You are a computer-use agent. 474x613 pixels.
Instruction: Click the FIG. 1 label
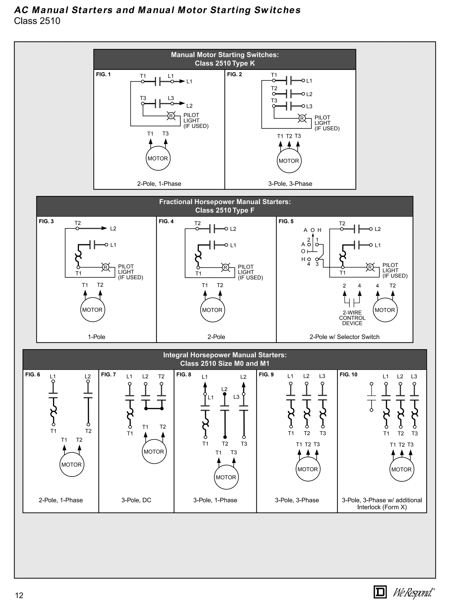[103, 74]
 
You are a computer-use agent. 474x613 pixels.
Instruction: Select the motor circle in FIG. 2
[289, 161]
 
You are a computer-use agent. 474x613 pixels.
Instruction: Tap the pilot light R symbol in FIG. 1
[171, 116]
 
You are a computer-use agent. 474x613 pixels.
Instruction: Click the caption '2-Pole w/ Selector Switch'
[344, 337]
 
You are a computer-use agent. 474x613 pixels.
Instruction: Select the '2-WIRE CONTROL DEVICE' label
[352, 318]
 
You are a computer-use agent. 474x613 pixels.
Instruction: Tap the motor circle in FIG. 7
[154, 452]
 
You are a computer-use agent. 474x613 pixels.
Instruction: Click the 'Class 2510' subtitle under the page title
[37, 21]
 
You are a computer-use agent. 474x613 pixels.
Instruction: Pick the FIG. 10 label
[348, 375]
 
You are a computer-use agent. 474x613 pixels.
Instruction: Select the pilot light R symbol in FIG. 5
[370, 267]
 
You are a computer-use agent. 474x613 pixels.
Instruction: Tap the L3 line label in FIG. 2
[309, 106]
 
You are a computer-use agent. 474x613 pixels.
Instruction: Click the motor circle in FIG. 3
[92, 310]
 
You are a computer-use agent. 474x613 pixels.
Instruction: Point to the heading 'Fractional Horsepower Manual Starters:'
[225, 202]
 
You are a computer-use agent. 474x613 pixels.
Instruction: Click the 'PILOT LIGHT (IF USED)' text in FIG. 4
[250, 272]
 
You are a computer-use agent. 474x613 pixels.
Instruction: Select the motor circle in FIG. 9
[308, 469]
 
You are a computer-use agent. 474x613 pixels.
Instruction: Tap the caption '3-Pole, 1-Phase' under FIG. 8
[215, 500]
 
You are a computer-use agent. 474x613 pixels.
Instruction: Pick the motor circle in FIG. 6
[72, 464]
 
